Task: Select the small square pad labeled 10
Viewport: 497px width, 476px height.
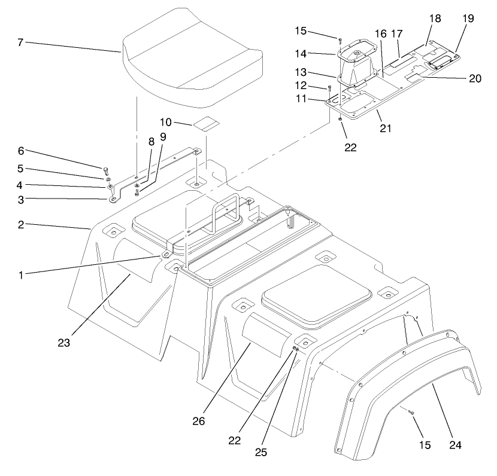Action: pyautogui.click(x=206, y=124)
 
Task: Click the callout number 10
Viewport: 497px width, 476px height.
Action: pyautogui.click(x=166, y=122)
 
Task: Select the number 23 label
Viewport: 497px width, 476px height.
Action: pyautogui.click(x=64, y=343)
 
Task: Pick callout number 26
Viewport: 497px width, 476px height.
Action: pyautogui.click(x=198, y=421)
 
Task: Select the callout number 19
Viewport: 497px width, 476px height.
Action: pyautogui.click(x=468, y=19)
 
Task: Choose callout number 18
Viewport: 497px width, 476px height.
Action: pyautogui.click(x=435, y=19)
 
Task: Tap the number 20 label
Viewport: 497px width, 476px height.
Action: pyautogui.click(x=475, y=78)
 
